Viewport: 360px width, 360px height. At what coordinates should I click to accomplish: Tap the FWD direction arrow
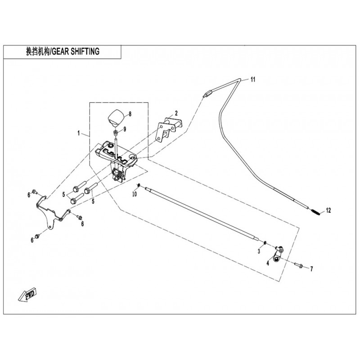click(x=28, y=295)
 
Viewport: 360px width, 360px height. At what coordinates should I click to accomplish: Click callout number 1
click(x=79, y=134)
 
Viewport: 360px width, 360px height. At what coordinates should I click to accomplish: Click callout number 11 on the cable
click(x=253, y=80)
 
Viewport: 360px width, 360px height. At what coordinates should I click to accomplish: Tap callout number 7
click(x=310, y=269)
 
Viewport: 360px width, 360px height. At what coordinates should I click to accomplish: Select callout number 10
click(x=134, y=194)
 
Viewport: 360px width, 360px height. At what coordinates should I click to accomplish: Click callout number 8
click(x=130, y=114)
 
